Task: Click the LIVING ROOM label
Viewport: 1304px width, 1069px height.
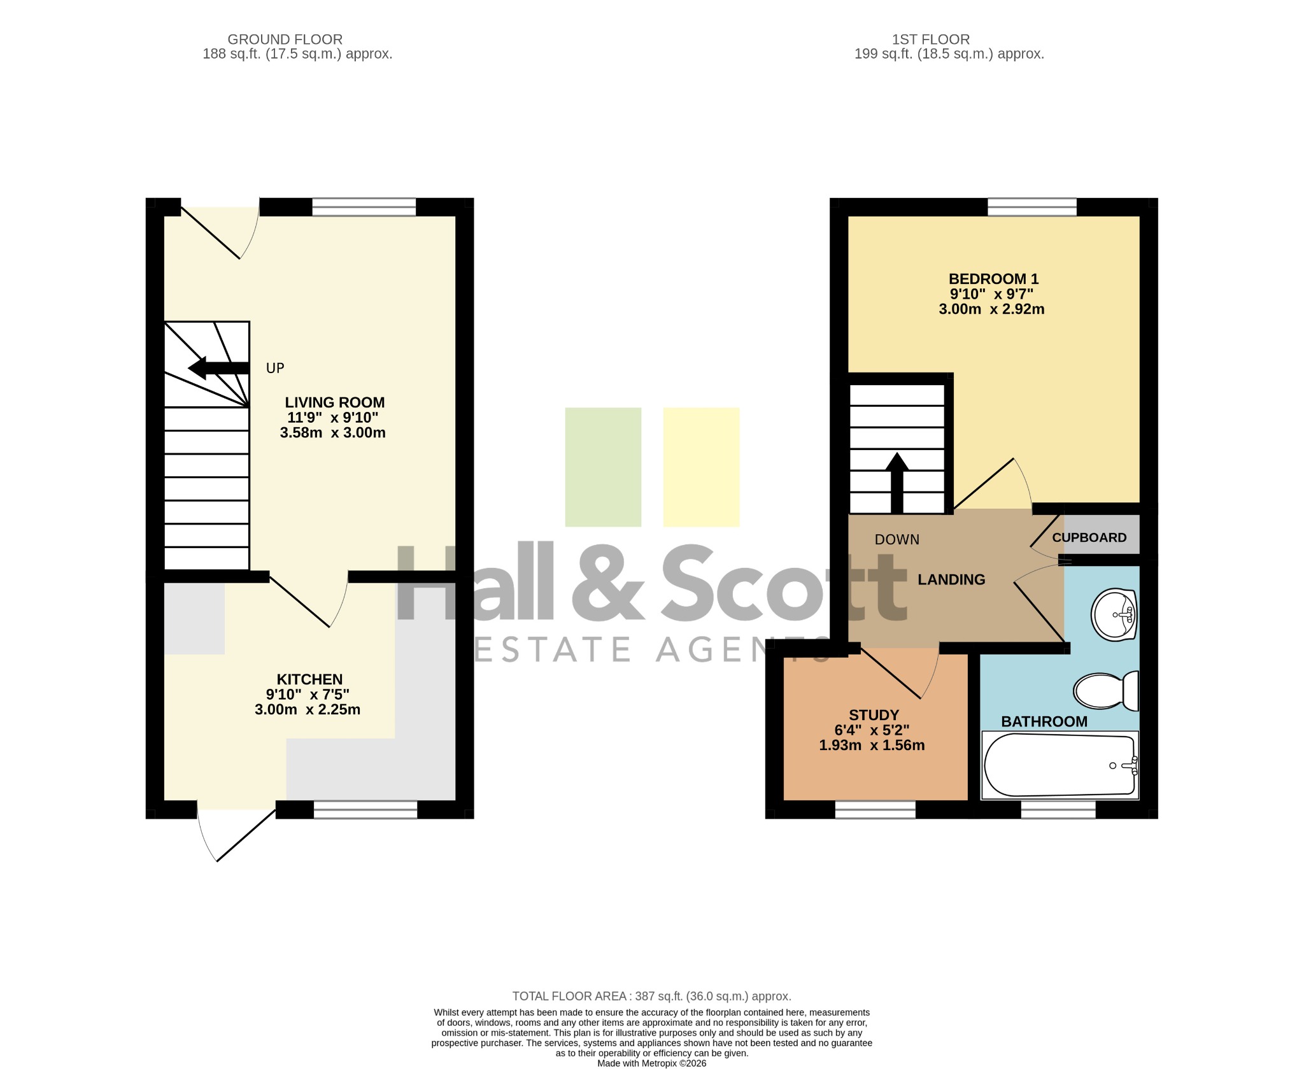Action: point(334,402)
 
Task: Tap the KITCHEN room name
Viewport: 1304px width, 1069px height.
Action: point(309,679)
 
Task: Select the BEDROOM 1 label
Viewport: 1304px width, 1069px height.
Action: point(993,279)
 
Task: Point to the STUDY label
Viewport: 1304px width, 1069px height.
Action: point(874,715)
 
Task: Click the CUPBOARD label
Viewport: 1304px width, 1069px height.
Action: point(1089,537)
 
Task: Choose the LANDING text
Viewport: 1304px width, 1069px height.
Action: point(951,579)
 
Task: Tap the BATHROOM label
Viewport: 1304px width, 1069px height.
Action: point(1044,721)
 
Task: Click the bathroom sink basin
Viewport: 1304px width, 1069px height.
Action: point(1114,614)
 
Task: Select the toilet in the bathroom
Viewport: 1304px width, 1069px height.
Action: point(1106,690)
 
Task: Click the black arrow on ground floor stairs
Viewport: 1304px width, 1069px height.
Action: point(218,368)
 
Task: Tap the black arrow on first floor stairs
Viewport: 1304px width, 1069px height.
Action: point(897,483)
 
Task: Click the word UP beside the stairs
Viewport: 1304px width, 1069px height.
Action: point(275,368)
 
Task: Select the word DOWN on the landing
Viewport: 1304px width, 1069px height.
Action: point(897,540)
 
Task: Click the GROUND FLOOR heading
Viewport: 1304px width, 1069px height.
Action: point(285,39)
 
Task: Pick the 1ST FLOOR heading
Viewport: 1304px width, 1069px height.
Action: point(931,39)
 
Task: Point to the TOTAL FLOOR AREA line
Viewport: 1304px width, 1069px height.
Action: point(652,996)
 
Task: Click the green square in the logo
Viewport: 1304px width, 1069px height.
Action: point(603,467)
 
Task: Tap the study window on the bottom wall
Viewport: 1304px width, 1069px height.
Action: point(875,809)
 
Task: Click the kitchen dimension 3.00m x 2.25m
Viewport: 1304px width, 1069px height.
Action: point(308,709)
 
